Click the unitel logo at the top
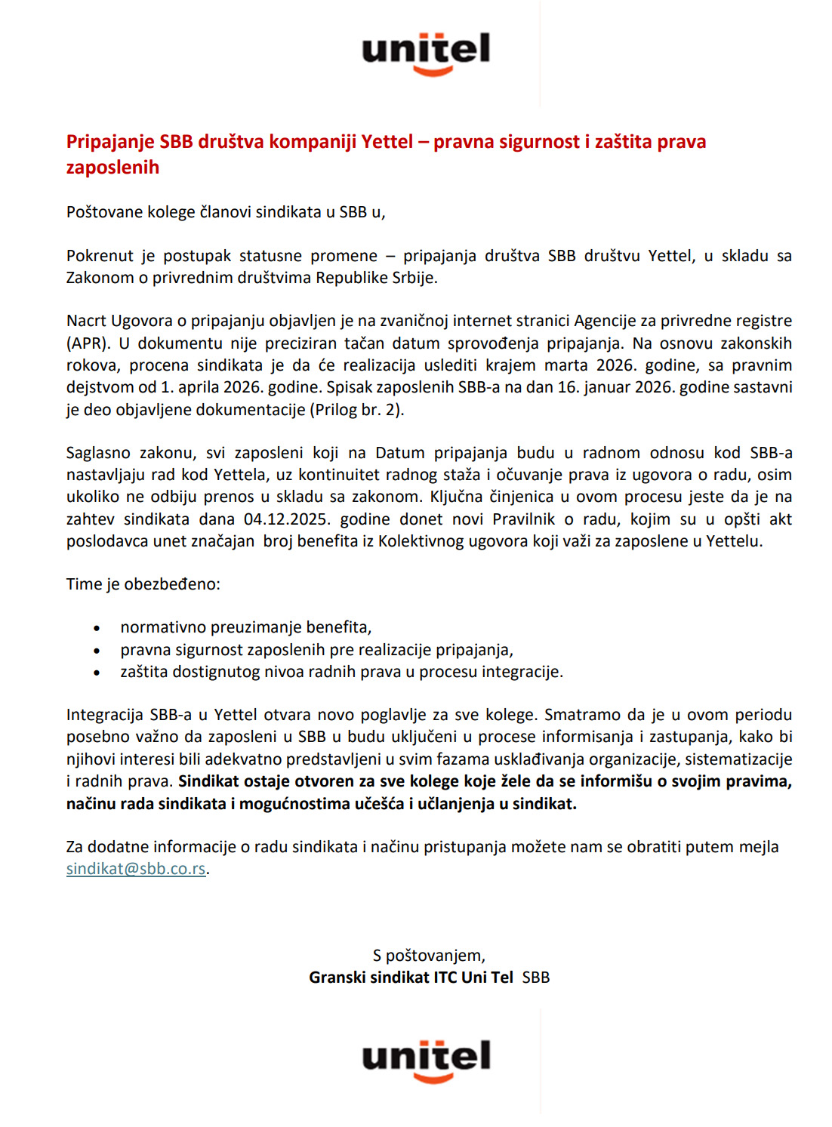(x=426, y=53)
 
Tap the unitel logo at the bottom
(x=426, y=1059)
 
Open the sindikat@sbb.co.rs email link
(x=136, y=869)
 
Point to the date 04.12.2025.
(x=288, y=519)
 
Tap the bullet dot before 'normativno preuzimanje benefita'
(x=97, y=628)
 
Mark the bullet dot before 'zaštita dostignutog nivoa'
(x=97, y=673)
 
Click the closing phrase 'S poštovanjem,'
(x=429, y=956)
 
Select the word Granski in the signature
(x=337, y=978)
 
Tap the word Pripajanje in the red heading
(x=110, y=142)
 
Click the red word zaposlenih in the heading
(x=112, y=168)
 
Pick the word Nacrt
(x=86, y=321)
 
